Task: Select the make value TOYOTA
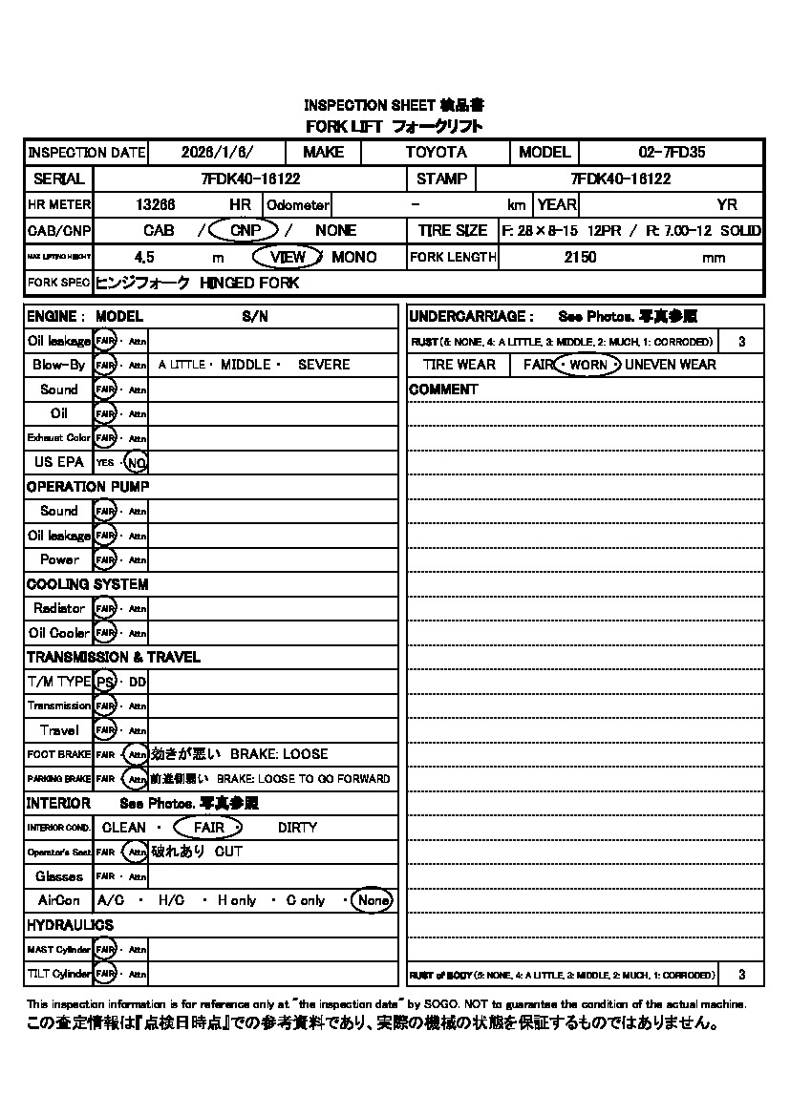click(437, 153)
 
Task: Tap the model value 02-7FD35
click(672, 153)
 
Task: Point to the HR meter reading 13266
click(156, 204)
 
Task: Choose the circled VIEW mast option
click(288, 257)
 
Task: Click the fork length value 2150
click(580, 257)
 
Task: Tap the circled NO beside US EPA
click(137, 462)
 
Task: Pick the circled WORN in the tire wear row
click(588, 365)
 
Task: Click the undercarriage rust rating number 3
click(742, 341)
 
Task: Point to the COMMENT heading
click(443, 390)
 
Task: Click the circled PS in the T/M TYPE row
click(105, 682)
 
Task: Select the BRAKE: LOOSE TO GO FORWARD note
click(303, 779)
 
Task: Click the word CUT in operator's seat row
click(228, 852)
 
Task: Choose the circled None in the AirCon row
click(373, 900)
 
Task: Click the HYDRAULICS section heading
click(70, 925)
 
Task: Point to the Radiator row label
click(59, 608)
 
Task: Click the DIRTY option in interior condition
click(297, 828)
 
